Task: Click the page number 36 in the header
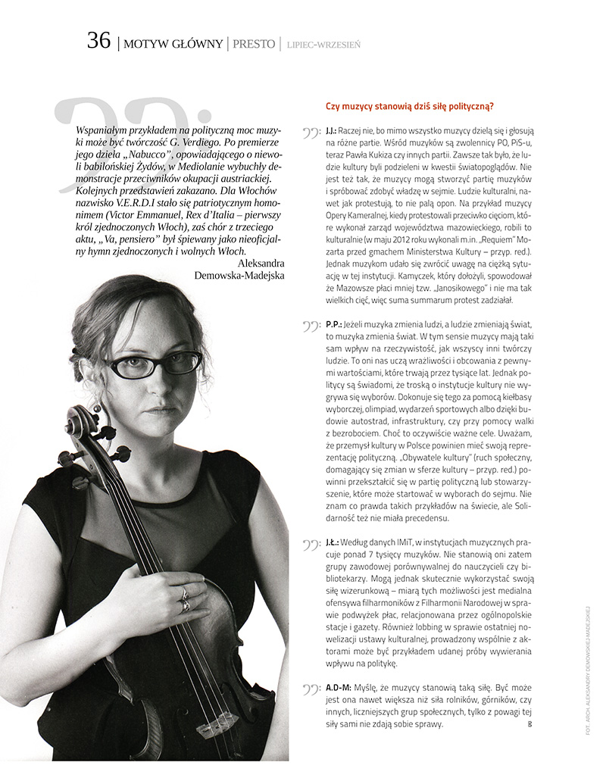pos(98,41)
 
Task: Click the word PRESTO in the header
pos(254,44)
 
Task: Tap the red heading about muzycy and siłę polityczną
pos(409,106)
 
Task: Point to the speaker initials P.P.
pos(332,323)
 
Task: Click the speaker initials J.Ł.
pos(331,543)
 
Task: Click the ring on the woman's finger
pos(183,596)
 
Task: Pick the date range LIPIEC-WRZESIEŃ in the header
pos(323,45)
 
